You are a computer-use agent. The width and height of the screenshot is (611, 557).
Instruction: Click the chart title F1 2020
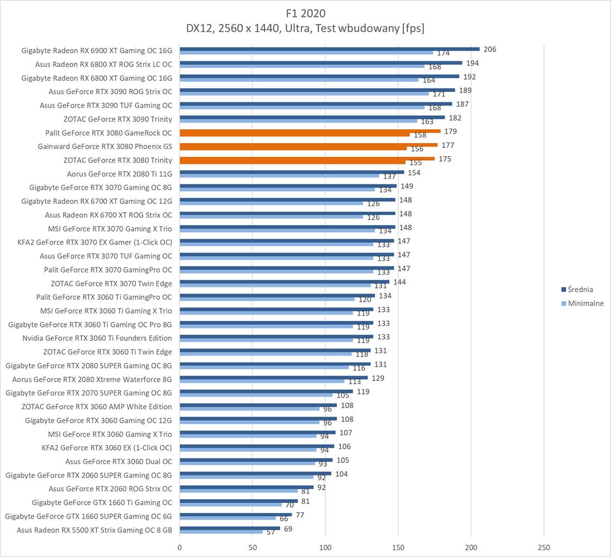tap(305, 12)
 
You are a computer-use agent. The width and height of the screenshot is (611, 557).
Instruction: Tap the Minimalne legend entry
tap(585, 304)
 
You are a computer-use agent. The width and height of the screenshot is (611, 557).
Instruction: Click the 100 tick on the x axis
tap(325, 548)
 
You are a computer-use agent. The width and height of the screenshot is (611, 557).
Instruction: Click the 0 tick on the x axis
tap(179, 548)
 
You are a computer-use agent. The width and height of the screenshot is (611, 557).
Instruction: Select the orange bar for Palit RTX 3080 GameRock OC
tap(310, 131)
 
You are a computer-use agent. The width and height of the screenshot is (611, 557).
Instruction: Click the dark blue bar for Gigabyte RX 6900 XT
tap(329, 49)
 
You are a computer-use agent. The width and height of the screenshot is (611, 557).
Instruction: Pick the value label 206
tap(490, 49)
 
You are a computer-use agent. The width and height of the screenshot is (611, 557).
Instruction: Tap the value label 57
tap(271, 532)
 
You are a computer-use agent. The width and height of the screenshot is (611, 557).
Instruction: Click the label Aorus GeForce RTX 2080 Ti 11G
tap(119, 173)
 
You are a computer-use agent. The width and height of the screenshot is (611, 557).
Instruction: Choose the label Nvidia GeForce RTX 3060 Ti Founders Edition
tap(97, 338)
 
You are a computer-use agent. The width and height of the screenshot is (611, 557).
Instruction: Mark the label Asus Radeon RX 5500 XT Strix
tap(94, 530)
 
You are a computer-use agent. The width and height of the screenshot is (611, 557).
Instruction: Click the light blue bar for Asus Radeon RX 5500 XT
tap(221, 532)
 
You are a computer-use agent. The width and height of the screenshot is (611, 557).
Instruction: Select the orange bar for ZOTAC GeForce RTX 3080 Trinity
tap(307, 159)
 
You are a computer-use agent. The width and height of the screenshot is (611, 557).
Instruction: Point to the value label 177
tap(447, 145)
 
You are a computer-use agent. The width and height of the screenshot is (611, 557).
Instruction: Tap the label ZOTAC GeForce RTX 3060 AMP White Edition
tap(96, 407)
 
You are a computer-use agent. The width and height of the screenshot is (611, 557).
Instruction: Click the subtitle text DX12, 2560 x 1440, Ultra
tap(305, 28)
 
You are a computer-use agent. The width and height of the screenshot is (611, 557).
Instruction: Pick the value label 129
tap(378, 378)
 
